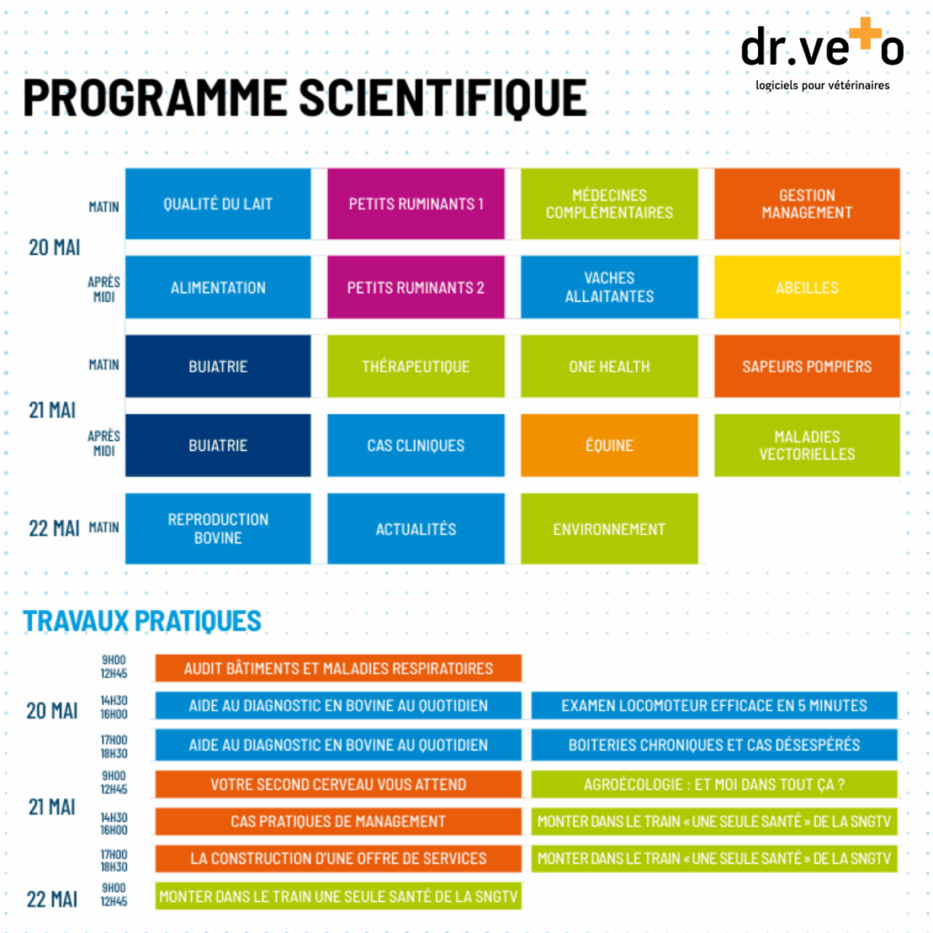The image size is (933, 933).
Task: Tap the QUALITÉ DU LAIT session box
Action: coord(218,204)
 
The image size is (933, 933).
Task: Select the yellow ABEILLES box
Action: coord(806,287)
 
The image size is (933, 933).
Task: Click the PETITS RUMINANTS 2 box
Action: coord(415,287)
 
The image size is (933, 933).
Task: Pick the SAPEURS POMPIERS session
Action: coord(806,366)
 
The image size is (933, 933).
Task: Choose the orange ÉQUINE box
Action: coord(609,446)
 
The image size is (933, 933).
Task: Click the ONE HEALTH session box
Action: coord(609,366)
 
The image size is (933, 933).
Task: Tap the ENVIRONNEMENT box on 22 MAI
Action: coord(609,528)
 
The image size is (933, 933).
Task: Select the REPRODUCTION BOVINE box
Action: coord(218,528)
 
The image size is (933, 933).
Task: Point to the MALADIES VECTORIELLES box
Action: coord(806,446)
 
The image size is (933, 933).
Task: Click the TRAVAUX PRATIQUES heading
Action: coord(142,620)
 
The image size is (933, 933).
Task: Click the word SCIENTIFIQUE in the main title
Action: coord(443,97)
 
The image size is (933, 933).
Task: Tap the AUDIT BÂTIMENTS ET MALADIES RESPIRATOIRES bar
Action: coord(338,668)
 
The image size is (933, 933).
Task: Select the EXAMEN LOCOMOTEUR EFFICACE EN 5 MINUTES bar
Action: coord(714,705)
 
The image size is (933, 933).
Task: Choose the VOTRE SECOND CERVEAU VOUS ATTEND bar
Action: coord(338,784)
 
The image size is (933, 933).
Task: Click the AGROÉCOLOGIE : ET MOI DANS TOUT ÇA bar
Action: coord(714,784)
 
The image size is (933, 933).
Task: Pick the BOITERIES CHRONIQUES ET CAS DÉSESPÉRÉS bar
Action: coord(714,744)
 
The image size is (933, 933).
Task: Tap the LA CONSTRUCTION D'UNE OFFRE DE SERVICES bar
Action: coord(338,858)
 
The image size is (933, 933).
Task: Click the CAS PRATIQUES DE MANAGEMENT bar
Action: coord(338,821)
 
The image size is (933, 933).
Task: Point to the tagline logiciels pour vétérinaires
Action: coord(822,85)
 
